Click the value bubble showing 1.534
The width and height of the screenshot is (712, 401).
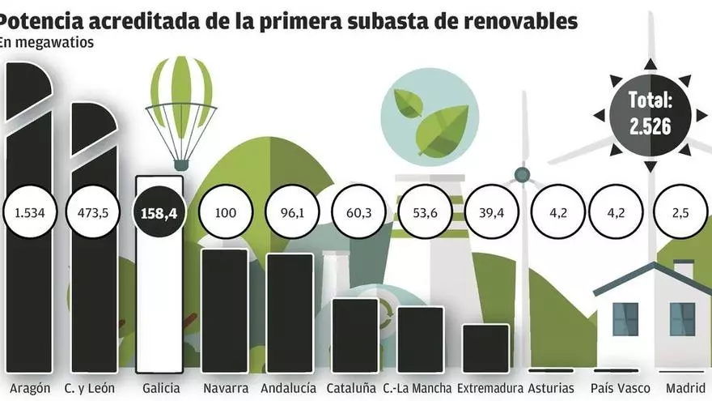click(28, 213)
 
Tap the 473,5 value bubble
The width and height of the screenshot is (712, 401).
click(93, 213)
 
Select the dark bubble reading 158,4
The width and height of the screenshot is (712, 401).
click(159, 214)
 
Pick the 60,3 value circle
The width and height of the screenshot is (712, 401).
click(356, 214)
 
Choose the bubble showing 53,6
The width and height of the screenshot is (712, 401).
click(422, 214)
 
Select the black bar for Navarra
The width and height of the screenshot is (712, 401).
click(224, 312)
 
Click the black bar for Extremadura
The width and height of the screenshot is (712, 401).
click(486, 348)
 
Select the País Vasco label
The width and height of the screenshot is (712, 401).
click(620, 389)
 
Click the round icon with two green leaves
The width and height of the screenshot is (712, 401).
click(424, 117)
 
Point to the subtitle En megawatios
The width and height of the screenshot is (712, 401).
click(46, 43)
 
